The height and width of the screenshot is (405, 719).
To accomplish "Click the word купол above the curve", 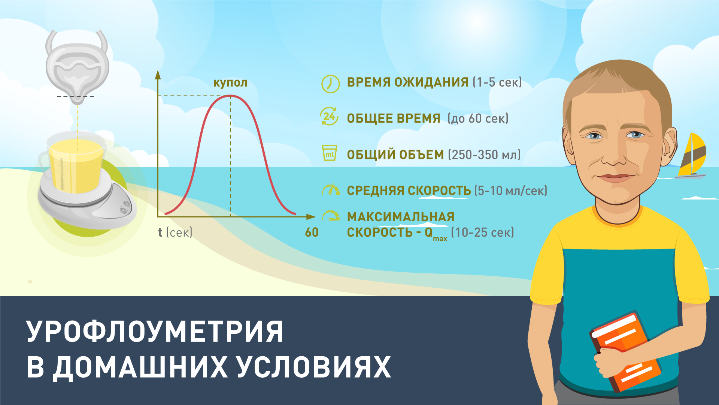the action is (230, 82).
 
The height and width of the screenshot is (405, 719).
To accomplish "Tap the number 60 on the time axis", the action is (312, 232).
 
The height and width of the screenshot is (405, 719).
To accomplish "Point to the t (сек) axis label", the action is (175, 232).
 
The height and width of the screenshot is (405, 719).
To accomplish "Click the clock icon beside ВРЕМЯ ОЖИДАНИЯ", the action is (330, 83).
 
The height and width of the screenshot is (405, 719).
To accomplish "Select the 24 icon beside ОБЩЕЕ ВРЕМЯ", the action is (329, 116).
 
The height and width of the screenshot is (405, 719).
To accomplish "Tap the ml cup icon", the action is (330, 153).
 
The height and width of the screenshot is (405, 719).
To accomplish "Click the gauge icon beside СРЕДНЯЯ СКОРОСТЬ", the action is (331, 190).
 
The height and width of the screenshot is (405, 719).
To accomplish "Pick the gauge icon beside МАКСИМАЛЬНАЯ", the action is (331, 215).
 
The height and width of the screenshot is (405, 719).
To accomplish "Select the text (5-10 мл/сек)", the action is (511, 190).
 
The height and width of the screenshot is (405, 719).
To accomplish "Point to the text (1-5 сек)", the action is (497, 82).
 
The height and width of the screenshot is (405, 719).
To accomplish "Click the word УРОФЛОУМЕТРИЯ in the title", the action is (155, 331).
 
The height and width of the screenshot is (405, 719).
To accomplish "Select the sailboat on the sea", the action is (691, 156).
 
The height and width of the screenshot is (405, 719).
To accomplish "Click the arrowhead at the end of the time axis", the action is (311, 217).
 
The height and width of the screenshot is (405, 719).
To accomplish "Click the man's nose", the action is (614, 154).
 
